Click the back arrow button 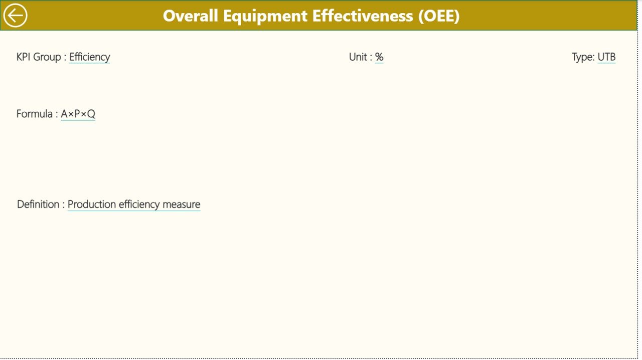click(x=16, y=16)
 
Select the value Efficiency click(x=89, y=57)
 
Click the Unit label click(x=358, y=57)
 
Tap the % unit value click(x=379, y=57)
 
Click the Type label click(x=582, y=57)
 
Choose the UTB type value click(x=606, y=57)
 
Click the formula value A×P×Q click(x=78, y=114)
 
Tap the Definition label click(x=38, y=205)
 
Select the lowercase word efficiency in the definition click(x=139, y=205)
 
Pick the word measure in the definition click(x=181, y=205)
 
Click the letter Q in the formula click(x=91, y=114)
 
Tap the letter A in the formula click(x=64, y=114)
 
